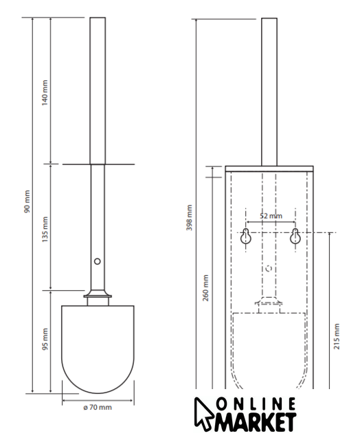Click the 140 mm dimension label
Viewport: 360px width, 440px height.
point(45,93)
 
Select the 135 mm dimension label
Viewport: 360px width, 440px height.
point(45,229)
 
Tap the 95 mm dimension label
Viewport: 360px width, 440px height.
point(45,339)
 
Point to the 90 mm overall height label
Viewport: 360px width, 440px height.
point(27,201)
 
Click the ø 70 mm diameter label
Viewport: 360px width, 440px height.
point(98,407)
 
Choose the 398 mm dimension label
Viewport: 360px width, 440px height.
point(190,218)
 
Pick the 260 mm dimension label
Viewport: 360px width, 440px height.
point(205,288)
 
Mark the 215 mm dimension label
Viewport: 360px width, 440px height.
point(337,336)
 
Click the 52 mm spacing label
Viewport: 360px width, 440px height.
point(271,216)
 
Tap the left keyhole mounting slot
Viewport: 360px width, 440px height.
point(246,236)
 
